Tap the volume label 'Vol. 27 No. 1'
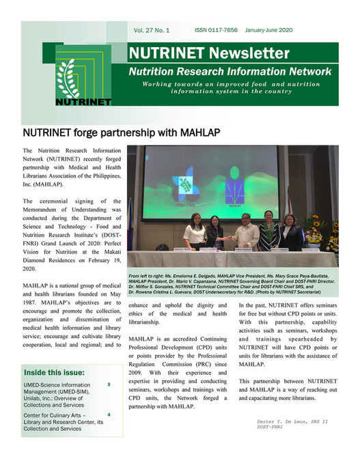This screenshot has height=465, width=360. [151, 31]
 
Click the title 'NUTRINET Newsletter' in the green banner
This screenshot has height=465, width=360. [209, 53]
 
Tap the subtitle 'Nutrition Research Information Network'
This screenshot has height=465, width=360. [231, 71]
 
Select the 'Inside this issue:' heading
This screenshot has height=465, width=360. [55, 373]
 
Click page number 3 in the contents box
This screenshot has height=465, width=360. [109, 385]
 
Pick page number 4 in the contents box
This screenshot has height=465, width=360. [109, 414]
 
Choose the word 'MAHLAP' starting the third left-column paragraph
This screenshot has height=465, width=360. [38, 284]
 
